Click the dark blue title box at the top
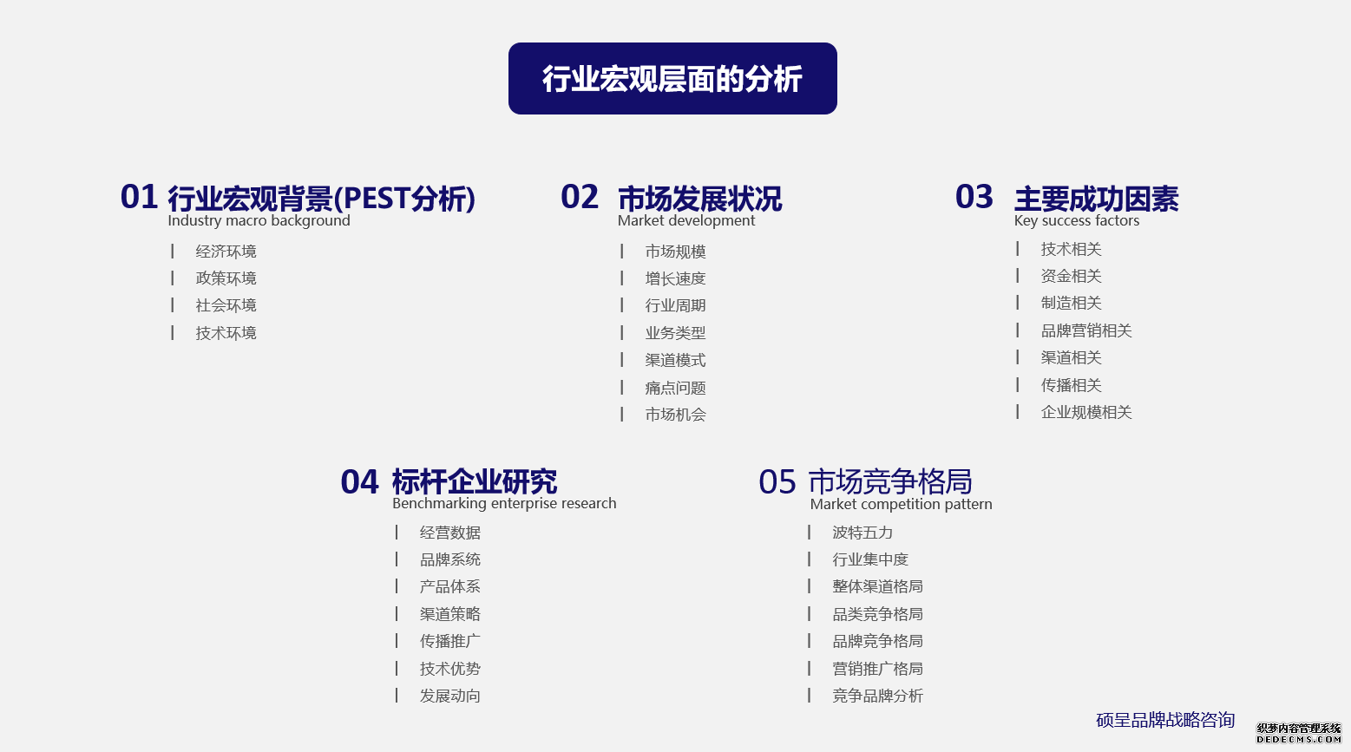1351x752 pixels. pyautogui.click(x=672, y=78)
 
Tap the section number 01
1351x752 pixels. pyautogui.click(x=140, y=197)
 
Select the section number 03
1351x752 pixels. pyautogui.click(x=974, y=197)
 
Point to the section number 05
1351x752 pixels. pyautogui.click(x=777, y=482)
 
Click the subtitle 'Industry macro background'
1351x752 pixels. pyautogui.click(x=259, y=220)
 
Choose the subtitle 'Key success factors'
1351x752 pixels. pyautogui.click(x=1077, y=220)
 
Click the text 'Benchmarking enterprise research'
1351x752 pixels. pyautogui.click(x=504, y=503)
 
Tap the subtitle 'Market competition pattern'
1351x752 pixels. pyautogui.click(x=901, y=504)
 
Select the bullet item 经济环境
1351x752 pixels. pyautogui.click(x=226, y=251)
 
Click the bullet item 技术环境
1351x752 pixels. pyautogui.click(x=226, y=333)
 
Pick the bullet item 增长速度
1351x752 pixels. pyautogui.click(x=675, y=278)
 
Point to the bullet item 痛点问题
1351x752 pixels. pyautogui.click(x=675, y=388)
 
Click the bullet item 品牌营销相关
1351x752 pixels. pyautogui.click(x=1086, y=330)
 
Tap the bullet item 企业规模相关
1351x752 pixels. pyautogui.click(x=1086, y=413)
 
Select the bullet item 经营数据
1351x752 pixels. pyautogui.click(x=450, y=533)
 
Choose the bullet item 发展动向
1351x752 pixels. pyautogui.click(x=450, y=696)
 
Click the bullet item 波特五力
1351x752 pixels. pyautogui.click(x=862, y=533)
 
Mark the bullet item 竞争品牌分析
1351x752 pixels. pyautogui.click(x=877, y=696)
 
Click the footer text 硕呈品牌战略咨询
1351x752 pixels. pyautogui.click(x=1165, y=720)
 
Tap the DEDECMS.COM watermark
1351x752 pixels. pyautogui.click(x=1299, y=733)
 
